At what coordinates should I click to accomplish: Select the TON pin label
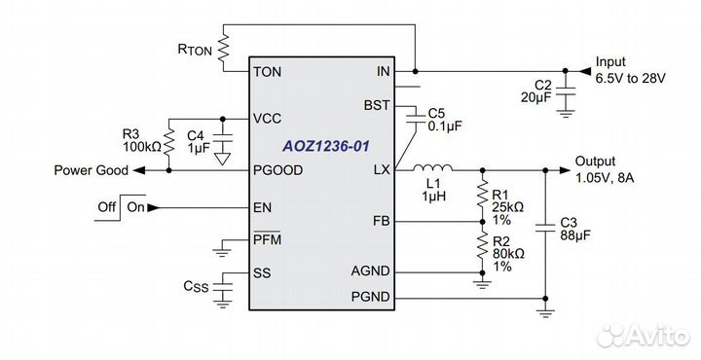pyautogui.click(x=268, y=72)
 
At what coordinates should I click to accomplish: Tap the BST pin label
pyautogui.click(x=376, y=104)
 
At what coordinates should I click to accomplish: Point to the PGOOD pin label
pyautogui.click(x=277, y=170)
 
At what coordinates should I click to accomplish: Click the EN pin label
pyautogui.click(x=262, y=207)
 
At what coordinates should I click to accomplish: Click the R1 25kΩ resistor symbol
pyautogui.click(x=480, y=193)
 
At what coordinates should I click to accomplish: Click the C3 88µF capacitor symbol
pyautogui.click(x=545, y=230)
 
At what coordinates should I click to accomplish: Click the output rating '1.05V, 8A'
pyautogui.click(x=605, y=177)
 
